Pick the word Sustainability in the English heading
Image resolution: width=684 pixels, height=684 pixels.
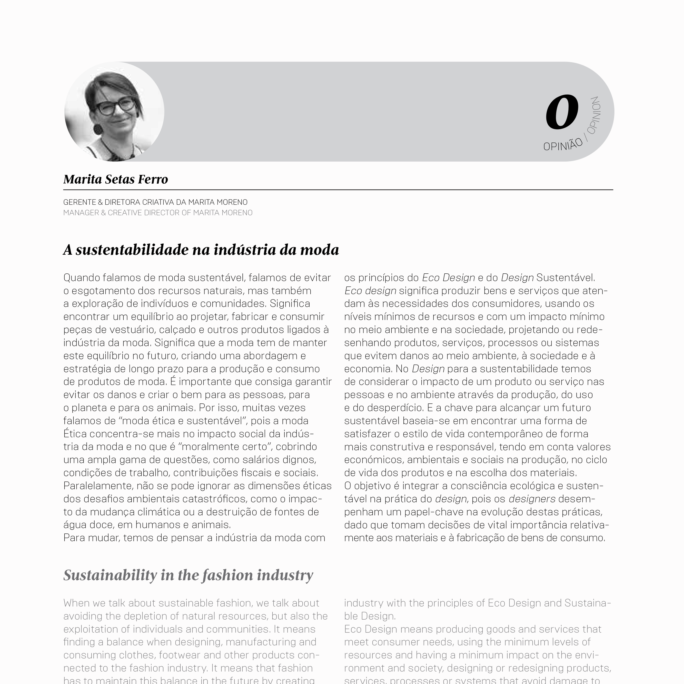tap(110, 575)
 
